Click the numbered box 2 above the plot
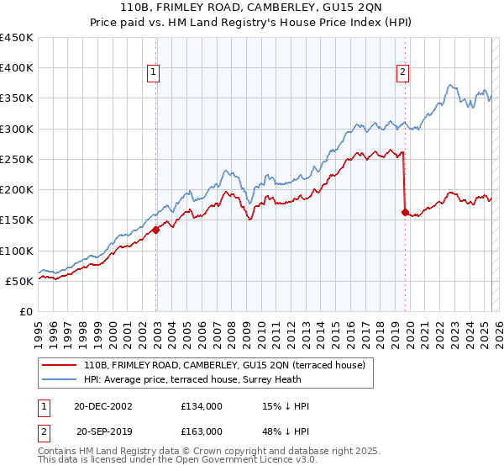403,73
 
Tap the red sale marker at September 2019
405,212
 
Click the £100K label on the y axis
17,251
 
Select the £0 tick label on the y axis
25,311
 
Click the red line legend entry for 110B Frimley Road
223,365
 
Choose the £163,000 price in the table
201,431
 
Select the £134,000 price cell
201,406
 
